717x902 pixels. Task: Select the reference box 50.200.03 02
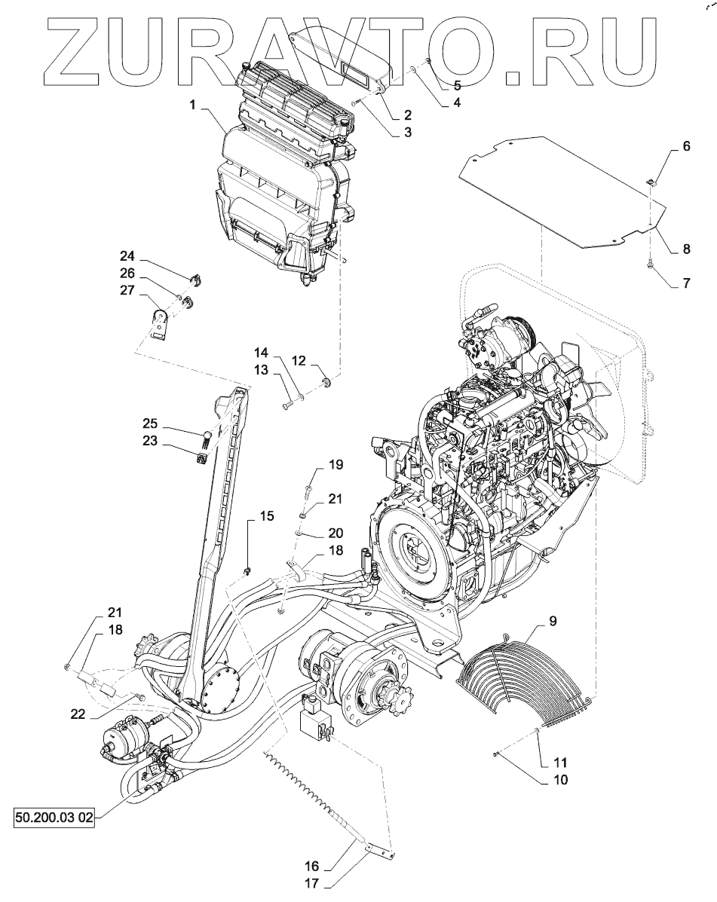point(54,818)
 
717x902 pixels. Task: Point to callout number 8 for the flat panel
point(687,248)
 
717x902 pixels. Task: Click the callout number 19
point(335,465)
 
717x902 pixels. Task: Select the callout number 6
point(686,148)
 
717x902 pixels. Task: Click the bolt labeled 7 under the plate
point(648,264)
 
